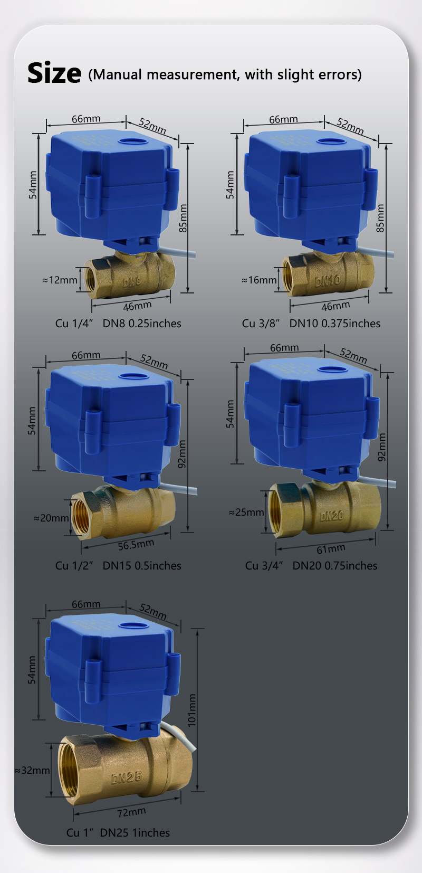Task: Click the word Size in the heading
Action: [x=54, y=73]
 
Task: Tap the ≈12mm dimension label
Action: [x=60, y=280]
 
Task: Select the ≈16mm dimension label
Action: [x=259, y=280]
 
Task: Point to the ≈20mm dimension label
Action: [x=51, y=518]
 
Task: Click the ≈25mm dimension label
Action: [x=246, y=512]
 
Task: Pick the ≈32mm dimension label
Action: [x=32, y=771]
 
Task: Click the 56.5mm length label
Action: [x=136, y=545]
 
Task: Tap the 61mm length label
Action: [x=331, y=549]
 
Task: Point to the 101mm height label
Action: [x=191, y=710]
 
